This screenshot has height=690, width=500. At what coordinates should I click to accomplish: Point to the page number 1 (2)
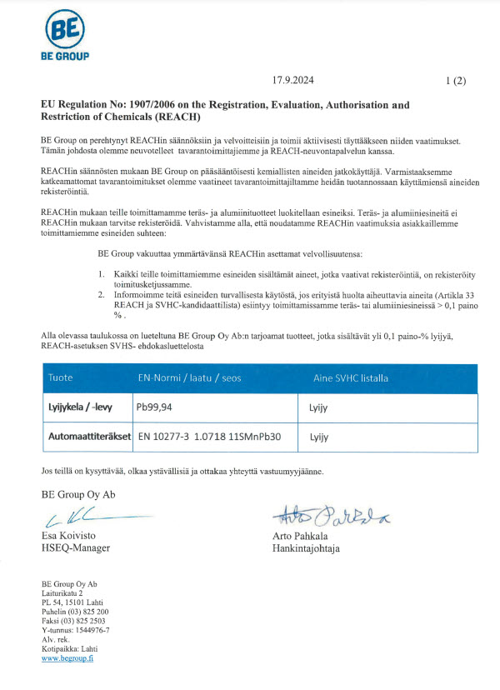coord(456,81)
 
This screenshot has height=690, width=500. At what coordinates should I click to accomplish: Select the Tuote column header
coord(62,377)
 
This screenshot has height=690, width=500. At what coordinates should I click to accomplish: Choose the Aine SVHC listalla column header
coord(350,377)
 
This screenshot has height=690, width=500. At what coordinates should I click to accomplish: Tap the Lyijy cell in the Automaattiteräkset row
coord(320,436)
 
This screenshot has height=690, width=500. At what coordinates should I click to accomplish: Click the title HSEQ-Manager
coord(76,547)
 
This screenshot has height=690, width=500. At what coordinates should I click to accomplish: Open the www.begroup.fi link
coord(67,657)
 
